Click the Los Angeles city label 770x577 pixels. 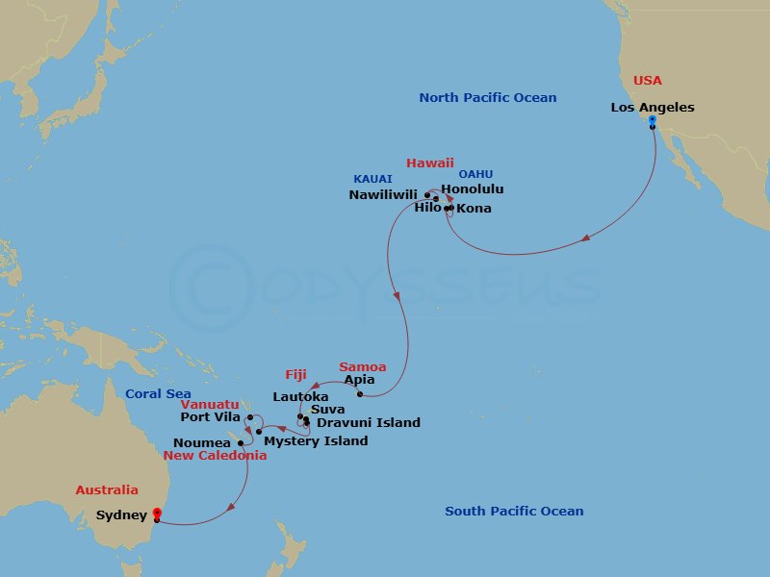(x=653, y=108)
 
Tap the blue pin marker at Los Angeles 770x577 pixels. (x=652, y=121)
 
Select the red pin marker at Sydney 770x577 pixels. (x=156, y=514)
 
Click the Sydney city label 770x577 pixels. (x=121, y=515)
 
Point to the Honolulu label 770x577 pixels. (x=472, y=189)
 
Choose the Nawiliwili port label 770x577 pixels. (x=383, y=194)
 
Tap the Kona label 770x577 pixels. (x=474, y=208)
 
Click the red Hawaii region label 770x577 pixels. (x=429, y=163)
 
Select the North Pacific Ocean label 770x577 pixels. (x=488, y=98)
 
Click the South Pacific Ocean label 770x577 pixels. (x=514, y=512)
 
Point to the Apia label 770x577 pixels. (x=359, y=380)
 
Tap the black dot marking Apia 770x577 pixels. (x=359, y=394)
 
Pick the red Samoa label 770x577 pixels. (x=363, y=366)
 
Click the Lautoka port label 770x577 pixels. (x=300, y=396)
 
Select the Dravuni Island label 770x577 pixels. (x=369, y=422)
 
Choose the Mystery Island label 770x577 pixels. (x=316, y=440)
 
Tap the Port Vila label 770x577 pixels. (x=211, y=416)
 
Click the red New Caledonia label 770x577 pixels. (x=216, y=455)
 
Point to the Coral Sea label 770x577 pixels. (x=158, y=393)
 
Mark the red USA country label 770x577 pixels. (x=648, y=81)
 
